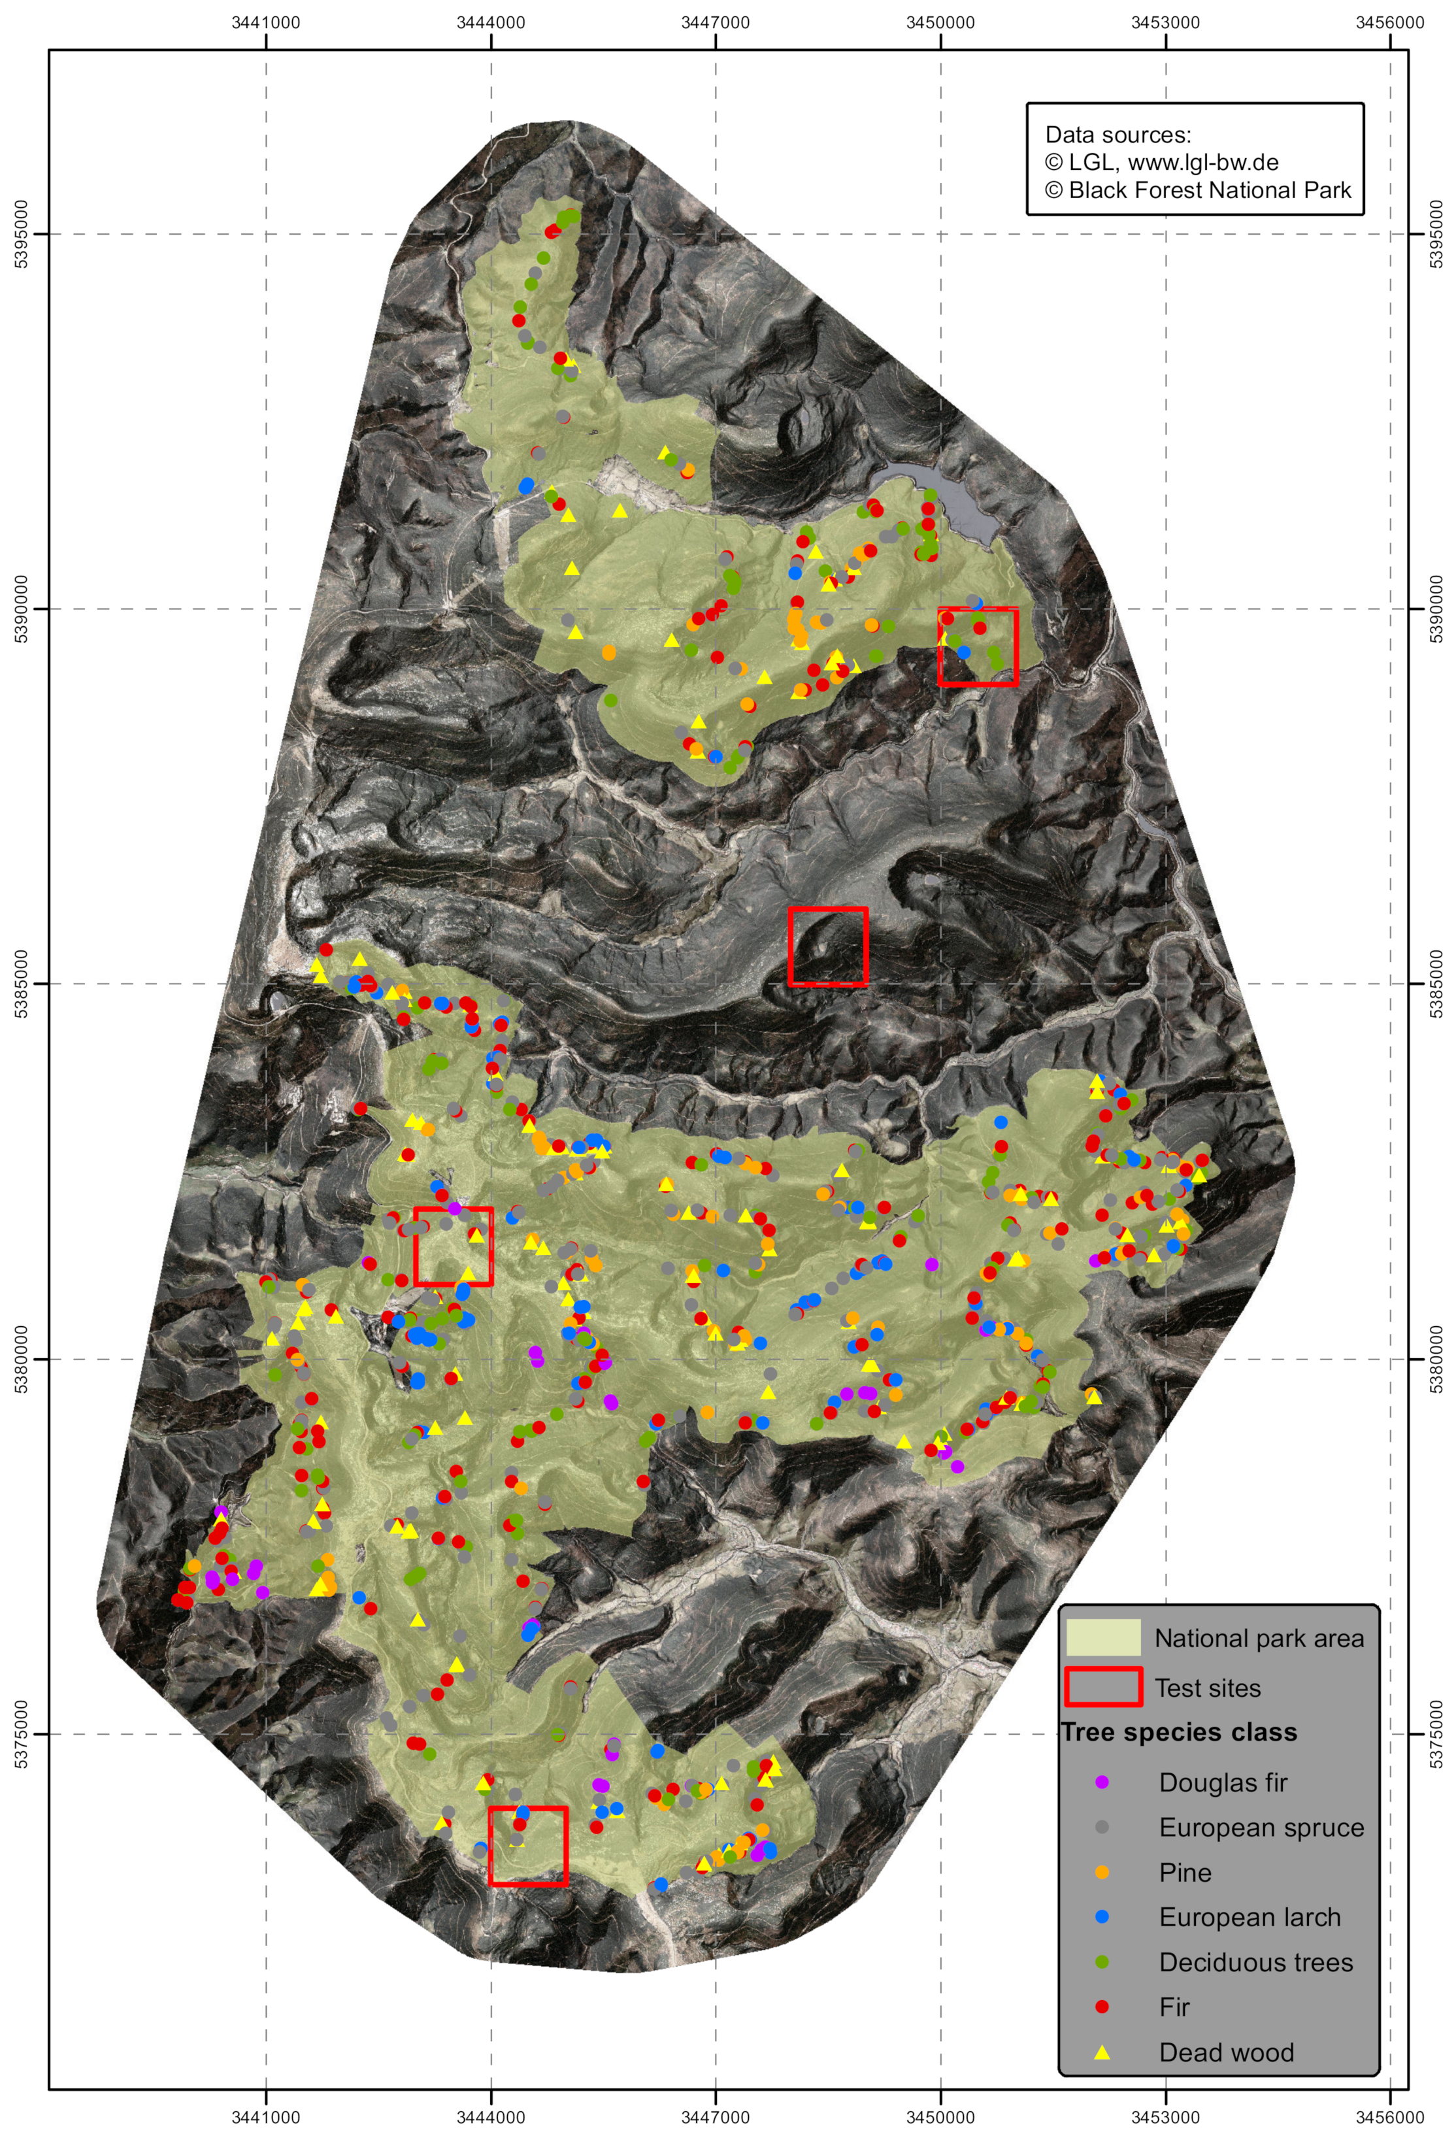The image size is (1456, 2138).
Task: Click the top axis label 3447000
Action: (x=715, y=22)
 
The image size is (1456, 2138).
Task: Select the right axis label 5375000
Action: (x=1436, y=1733)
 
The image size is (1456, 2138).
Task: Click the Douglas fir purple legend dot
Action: (x=1102, y=1782)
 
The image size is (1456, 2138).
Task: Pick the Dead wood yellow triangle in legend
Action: (x=1102, y=2052)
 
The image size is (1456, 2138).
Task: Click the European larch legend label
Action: (x=1249, y=1916)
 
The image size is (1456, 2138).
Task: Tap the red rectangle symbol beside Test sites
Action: (x=1103, y=1687)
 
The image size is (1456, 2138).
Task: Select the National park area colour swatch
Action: (x=1103, y=1637)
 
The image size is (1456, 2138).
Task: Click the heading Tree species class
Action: (x=1178, y=1732)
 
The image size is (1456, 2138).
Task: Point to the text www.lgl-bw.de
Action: (x=1202, y=163)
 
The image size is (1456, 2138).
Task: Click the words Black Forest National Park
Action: (x=1210, y=190)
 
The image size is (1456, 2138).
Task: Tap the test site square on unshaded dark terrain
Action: (x=828, y=946)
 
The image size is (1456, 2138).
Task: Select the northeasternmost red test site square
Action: (x=977, y=646)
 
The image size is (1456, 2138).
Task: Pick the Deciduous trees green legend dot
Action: (x=1102, y=1962)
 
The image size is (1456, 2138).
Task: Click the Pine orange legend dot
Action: (x=1102, y=1872)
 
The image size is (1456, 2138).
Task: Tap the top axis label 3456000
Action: (x=1390, y=22)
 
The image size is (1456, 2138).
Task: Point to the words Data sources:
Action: (x=1117, y=135)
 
